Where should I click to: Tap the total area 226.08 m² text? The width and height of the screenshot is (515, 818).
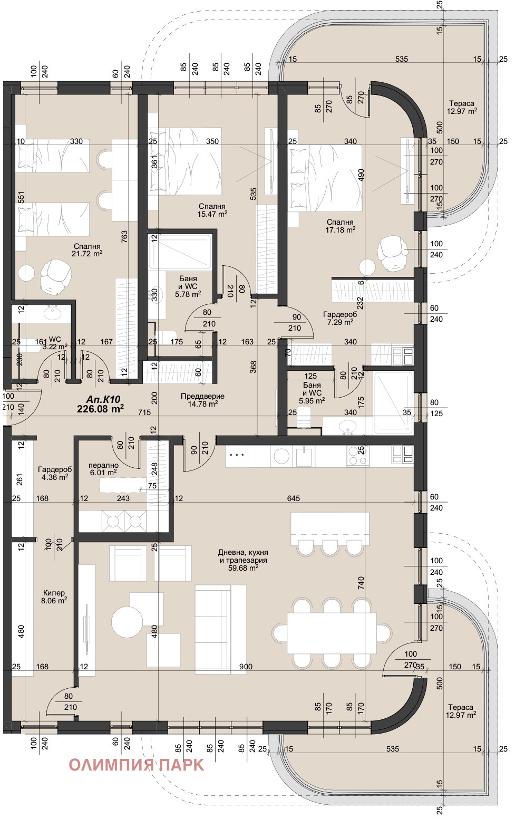point(100,409)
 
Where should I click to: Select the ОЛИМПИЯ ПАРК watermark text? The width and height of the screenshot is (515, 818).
point(136,765)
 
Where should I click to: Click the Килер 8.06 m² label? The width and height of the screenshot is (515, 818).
point(54,596)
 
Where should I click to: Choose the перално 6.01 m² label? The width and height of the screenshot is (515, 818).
point(103,469)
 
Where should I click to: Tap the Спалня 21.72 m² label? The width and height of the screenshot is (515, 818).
point(87,250)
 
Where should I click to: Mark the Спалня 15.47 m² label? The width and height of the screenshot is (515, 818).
point(212,210)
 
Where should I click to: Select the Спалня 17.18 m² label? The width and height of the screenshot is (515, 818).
point(340,226)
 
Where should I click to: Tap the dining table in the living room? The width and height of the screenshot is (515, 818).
point(332,633)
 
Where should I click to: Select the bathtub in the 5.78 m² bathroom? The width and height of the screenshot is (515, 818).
point(180,251)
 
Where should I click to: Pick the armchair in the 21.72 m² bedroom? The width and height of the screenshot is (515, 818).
point(55,276)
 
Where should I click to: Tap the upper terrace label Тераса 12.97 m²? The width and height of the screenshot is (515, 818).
point(462,108)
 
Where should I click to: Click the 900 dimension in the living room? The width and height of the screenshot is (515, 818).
point(246,667)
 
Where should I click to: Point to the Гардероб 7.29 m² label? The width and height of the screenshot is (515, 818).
point(340,318)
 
